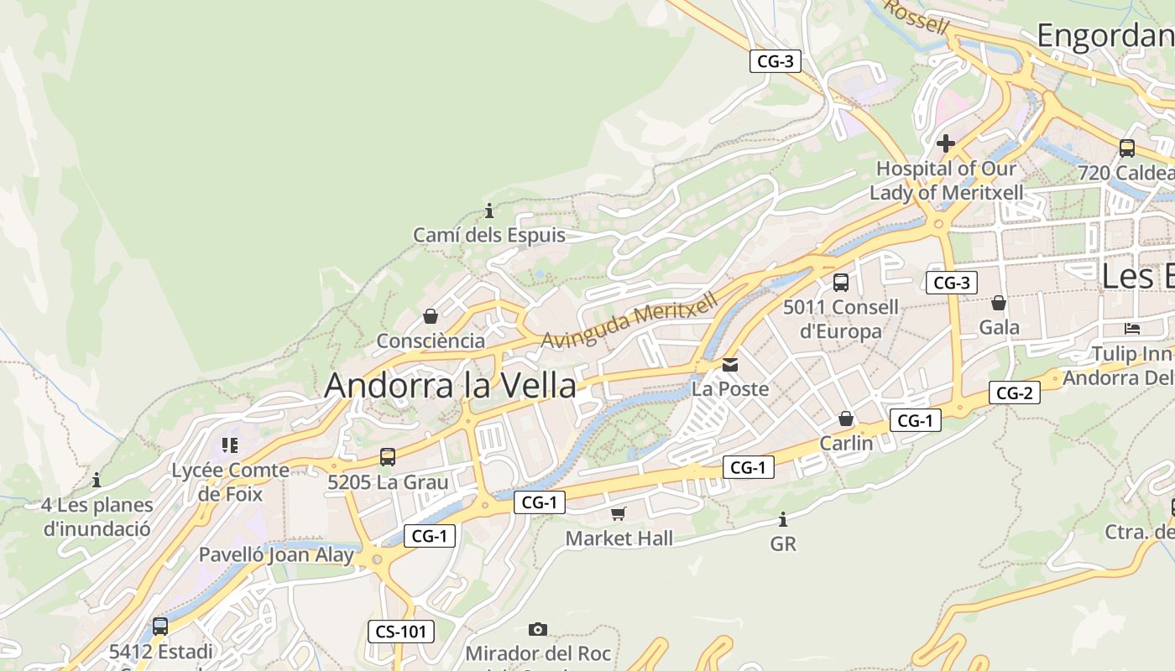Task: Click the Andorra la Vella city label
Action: pyautogui.click(x=450, y=386)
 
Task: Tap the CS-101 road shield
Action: pyautogui.click(x=401, y=632)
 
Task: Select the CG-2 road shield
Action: pyautogui.click(x=1014, y=392)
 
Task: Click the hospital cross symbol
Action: pyautogui.click(x=946, y=143)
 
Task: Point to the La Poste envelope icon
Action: pyautogui.click(x=730, y=365)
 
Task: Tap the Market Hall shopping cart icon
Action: pyautogui.click(x=619, y=513)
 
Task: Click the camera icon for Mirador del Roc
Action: pyautogui.click(x=538, y=629)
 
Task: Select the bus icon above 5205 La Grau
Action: pyautogui.click(x=387, y=457)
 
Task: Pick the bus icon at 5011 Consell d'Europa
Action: pyautogui.click(x=840, y=283)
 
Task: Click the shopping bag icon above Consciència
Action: pyautogui.click(x=431, y=316)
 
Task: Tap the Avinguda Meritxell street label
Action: pyautogui.click(x=630, y=320)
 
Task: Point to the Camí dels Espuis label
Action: pyautogui.click(x=489, y=236)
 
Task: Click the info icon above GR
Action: pyautogui.click(x=783, y=519)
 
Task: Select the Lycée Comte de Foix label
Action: pyautogui.click(x=230, y=482)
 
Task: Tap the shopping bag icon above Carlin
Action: pyautogui.click(x=846, y=418)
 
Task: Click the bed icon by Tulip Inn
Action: pyautogui.click(x=1132, y=328)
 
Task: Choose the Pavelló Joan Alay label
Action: pyautogui.click(x=276, y=554)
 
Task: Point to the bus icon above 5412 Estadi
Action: pyautogui.click(x=159, y=626)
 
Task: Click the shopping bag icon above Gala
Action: pyautogui.click(x=999, y=303)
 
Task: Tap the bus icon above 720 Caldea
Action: pyautogui.click(x=1126, y=148)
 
